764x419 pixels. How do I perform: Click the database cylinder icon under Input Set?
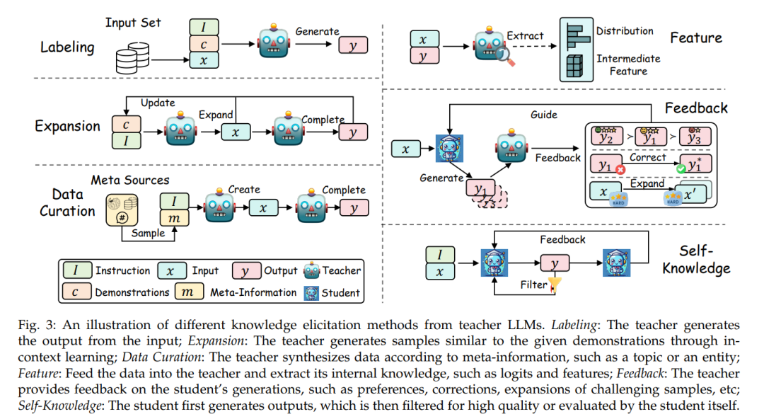pos(132,58)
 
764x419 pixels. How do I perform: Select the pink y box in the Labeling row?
pos(353,45)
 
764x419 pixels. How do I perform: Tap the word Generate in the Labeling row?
pos(317,31)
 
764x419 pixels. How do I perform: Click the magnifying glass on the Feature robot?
pos(505,56)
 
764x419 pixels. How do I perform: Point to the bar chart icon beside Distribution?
pos(577,35)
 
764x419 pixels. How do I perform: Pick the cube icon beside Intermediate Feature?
pos(574,66)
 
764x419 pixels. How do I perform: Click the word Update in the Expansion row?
pos(158,103)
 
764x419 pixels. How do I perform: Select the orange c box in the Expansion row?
pos(126,125)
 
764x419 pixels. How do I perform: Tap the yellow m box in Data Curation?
pos(175,218)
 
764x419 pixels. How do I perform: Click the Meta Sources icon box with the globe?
pos(122,209)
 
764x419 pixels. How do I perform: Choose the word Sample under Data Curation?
pos(148,233)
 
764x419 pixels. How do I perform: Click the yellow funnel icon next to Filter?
pos(555,285)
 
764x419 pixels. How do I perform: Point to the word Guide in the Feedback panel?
pos(544,115)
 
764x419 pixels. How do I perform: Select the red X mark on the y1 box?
pos(620,170)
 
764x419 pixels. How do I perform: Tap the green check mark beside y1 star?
pos(681,168)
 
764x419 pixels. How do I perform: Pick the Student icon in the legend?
pos(311,293)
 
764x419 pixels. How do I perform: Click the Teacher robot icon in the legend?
pos(311,270)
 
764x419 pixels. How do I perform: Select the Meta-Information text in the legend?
pos(253,292)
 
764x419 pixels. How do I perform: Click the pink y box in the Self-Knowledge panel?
pos(555,263)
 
